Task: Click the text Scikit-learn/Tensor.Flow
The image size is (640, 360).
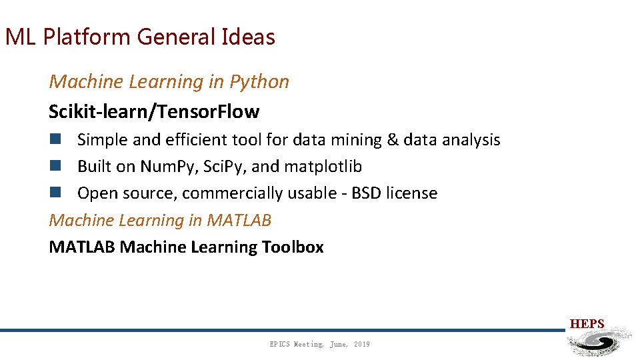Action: [154, 111]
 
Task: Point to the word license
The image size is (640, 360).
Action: [414, 193]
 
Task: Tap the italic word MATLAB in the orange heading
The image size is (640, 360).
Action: [239, 220]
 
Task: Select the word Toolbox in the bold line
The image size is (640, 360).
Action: [293, 247]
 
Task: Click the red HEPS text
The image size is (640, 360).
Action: [587, 325]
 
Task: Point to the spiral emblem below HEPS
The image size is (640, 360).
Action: [598, 342]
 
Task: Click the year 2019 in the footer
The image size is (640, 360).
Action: [362, 344]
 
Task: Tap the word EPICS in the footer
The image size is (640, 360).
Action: [280, 344]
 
